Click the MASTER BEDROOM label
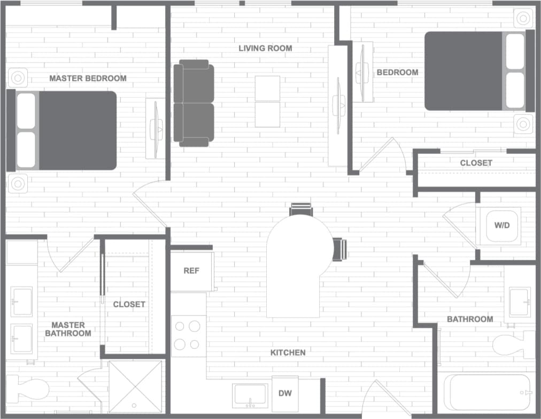(x=88, y=79)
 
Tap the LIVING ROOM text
(x=265, y=49)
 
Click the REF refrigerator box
(x=191, y=271)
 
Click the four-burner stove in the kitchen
(x=188, y=336)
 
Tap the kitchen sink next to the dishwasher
(x=250, y=396)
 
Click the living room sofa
(x=194, y=103)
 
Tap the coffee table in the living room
(x=267, y=102)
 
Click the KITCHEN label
(x=288, y=353)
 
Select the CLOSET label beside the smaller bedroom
(x=476, y=163)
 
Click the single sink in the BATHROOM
(x=519, y=302)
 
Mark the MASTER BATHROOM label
(x=68, y=329)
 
